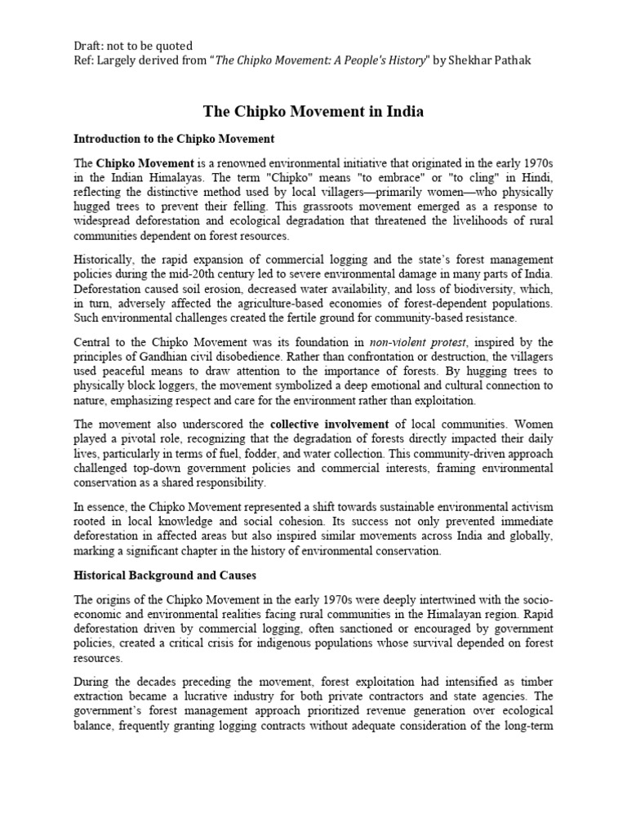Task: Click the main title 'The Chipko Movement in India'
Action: pyautogui.click(x=313, y=112)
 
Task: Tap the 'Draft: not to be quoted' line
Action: pyautogui.click(x=131, y=47)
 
